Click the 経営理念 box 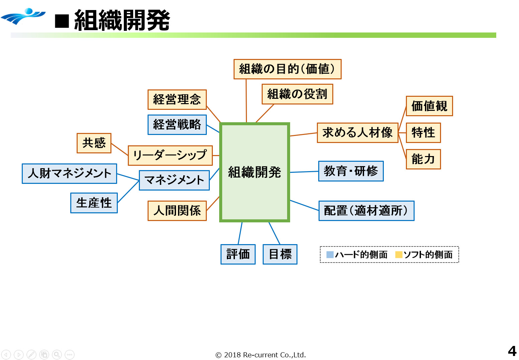click(x=177, y=99)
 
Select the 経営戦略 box click(x=177, y=125)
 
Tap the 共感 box click(x=94, y=143)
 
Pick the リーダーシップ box click(x=170, y=155)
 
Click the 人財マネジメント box click(x=69, y=173)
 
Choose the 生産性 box click(x=94, y=203)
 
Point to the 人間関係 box click(x=177, y=211)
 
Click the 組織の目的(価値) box click(x=287, y=69)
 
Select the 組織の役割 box click(x=297, y=94)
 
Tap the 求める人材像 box click(x=357, y=133)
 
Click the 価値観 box click(x=429, y=106)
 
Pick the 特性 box click(x=423, y=133)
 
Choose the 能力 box click(x=423, y=159)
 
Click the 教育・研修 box click(x=351, y=171)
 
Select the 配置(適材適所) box click(x=366, y=211)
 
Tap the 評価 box click(x=238, y=254)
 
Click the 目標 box click(x=280, y=254)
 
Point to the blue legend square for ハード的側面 click(x=330, y=255)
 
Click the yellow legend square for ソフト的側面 click(x=399, y=255)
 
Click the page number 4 click(x=512, y=351)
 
